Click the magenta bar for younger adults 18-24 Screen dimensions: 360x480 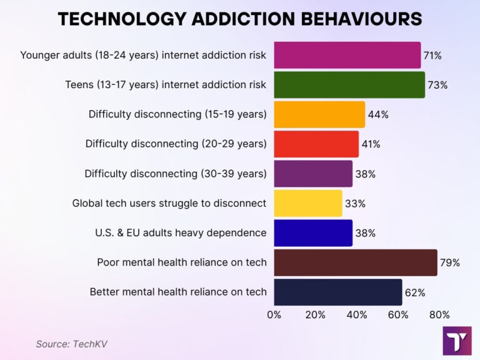(347, 55)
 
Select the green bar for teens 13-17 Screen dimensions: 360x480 (349, 84)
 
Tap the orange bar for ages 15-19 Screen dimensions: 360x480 (319, 114)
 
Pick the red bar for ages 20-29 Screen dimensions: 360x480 (316, 144)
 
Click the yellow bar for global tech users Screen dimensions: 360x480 (308, 203)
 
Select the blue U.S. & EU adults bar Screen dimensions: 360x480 (313, 232)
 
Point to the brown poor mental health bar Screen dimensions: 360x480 (356, 262)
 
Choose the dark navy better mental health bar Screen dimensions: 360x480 (338, 292)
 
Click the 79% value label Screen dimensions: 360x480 (450, 262)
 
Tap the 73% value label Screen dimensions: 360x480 (437, 85)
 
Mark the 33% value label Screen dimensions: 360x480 (355, 204)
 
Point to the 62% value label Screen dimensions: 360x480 (415, 292)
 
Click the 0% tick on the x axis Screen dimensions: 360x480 (274, 314)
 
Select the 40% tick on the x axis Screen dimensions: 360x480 (357, 314)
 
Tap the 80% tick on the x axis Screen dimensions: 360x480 (439, 314)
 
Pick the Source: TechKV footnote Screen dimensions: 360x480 (67, 343)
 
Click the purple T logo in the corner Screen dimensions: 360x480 (457, 341)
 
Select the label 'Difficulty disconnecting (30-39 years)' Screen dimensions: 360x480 (176, 174)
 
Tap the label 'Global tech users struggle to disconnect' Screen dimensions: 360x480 (169, 203)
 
